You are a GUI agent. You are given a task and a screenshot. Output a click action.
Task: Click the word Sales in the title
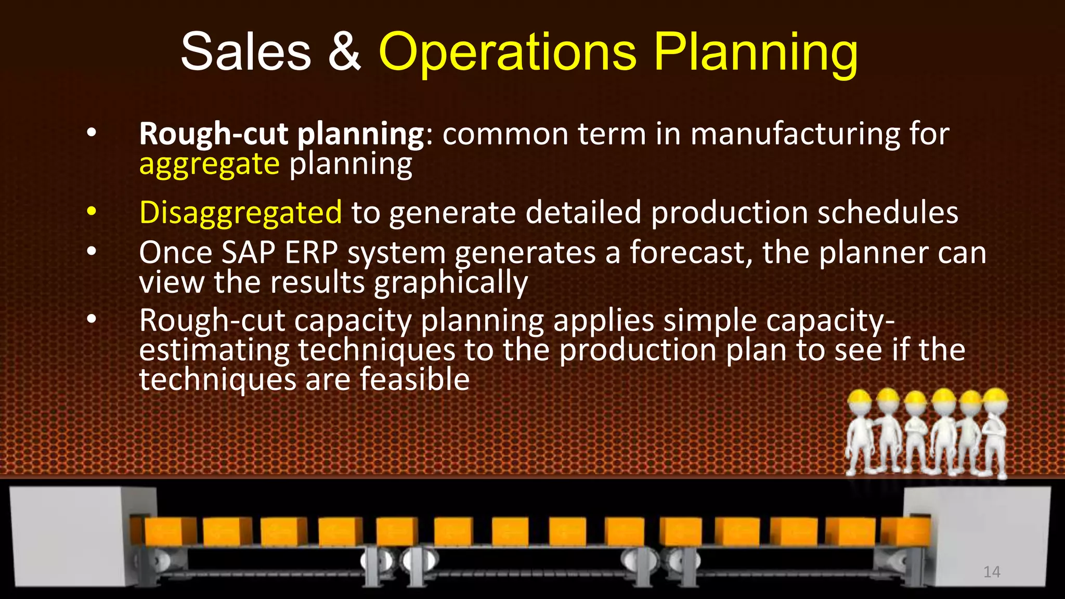(x=245, y=52)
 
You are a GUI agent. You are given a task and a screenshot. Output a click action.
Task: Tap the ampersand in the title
(x=344, y=52)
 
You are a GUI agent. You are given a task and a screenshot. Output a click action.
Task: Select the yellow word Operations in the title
(x=507, y=52)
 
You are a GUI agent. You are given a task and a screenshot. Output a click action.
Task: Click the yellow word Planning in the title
(x=755, y=52)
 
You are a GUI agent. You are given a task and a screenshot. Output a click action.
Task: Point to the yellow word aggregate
(x=210, y=164)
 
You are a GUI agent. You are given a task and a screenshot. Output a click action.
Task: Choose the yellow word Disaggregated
(x=240, y=213)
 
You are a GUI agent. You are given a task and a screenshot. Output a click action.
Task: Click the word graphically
(x=451, y=283)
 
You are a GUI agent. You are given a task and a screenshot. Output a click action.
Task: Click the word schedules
(x=888, y=213)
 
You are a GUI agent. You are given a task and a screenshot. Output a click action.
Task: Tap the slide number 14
(x=992, y=572)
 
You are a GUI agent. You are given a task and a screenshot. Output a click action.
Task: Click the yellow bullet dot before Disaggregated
(x=92, y=212)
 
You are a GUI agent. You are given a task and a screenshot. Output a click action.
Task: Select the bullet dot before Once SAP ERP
(x=92, y=252)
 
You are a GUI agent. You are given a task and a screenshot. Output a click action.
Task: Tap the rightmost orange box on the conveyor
(x=905, y=530)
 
